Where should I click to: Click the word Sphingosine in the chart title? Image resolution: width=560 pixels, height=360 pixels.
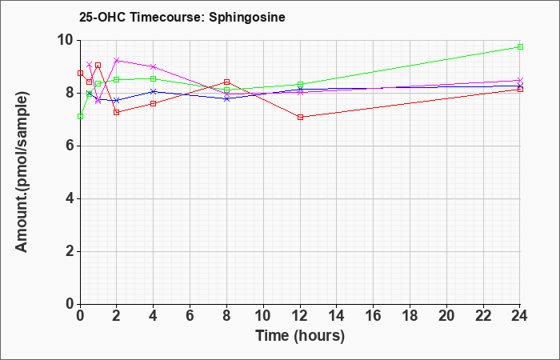pyautogui.click(x=246, y=18)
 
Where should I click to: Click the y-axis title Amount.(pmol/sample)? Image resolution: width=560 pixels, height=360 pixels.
pyautogui.click(x=22, y=172)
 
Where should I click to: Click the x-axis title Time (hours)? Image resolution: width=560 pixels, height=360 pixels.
pyautogui.click(x=300, y=336)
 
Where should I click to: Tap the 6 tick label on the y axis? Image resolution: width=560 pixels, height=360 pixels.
pyautogui.click(x=70, y=146)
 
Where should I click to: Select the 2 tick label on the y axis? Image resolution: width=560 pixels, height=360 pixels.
pyautogui.click(x=70, y=251)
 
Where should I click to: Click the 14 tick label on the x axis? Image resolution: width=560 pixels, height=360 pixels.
pyautogui.click(x=337, y=316)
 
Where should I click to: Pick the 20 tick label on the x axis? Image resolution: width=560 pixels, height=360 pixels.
pyautogui.click(x=446, y=316)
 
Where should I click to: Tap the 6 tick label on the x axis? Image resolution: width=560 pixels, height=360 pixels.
pyautogui.click(x=190, y=316)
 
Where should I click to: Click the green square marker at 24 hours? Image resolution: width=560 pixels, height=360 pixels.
pyautogui.click(x=520, y=46)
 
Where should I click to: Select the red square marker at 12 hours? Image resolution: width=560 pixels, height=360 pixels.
pyautogui.click(x=300, y=117)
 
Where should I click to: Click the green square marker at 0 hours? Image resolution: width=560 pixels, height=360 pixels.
pyautogui.click(x=80, y=117)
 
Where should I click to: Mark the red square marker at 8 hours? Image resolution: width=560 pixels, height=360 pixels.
pyautogui.click(x=226, y=82)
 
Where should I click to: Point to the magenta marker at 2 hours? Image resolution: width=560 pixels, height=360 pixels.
pyautogui.click(x=117, y=60)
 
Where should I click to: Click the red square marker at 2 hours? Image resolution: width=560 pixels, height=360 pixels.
pyautogui.click(x=117, y=112)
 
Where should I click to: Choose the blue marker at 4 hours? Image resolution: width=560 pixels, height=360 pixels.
pyautogui.click(x=154, y=91)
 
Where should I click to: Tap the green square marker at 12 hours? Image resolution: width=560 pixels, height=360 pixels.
pyautogui.click(x=300, y=85)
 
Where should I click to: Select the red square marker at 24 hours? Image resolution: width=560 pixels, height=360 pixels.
pyautogui.click(x=520, y=90)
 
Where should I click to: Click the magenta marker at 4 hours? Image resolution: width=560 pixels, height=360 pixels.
pyautogui.click(x=154, y=66)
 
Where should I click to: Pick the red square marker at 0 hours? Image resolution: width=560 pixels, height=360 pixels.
pyautogui.click(x=80, y=74)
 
